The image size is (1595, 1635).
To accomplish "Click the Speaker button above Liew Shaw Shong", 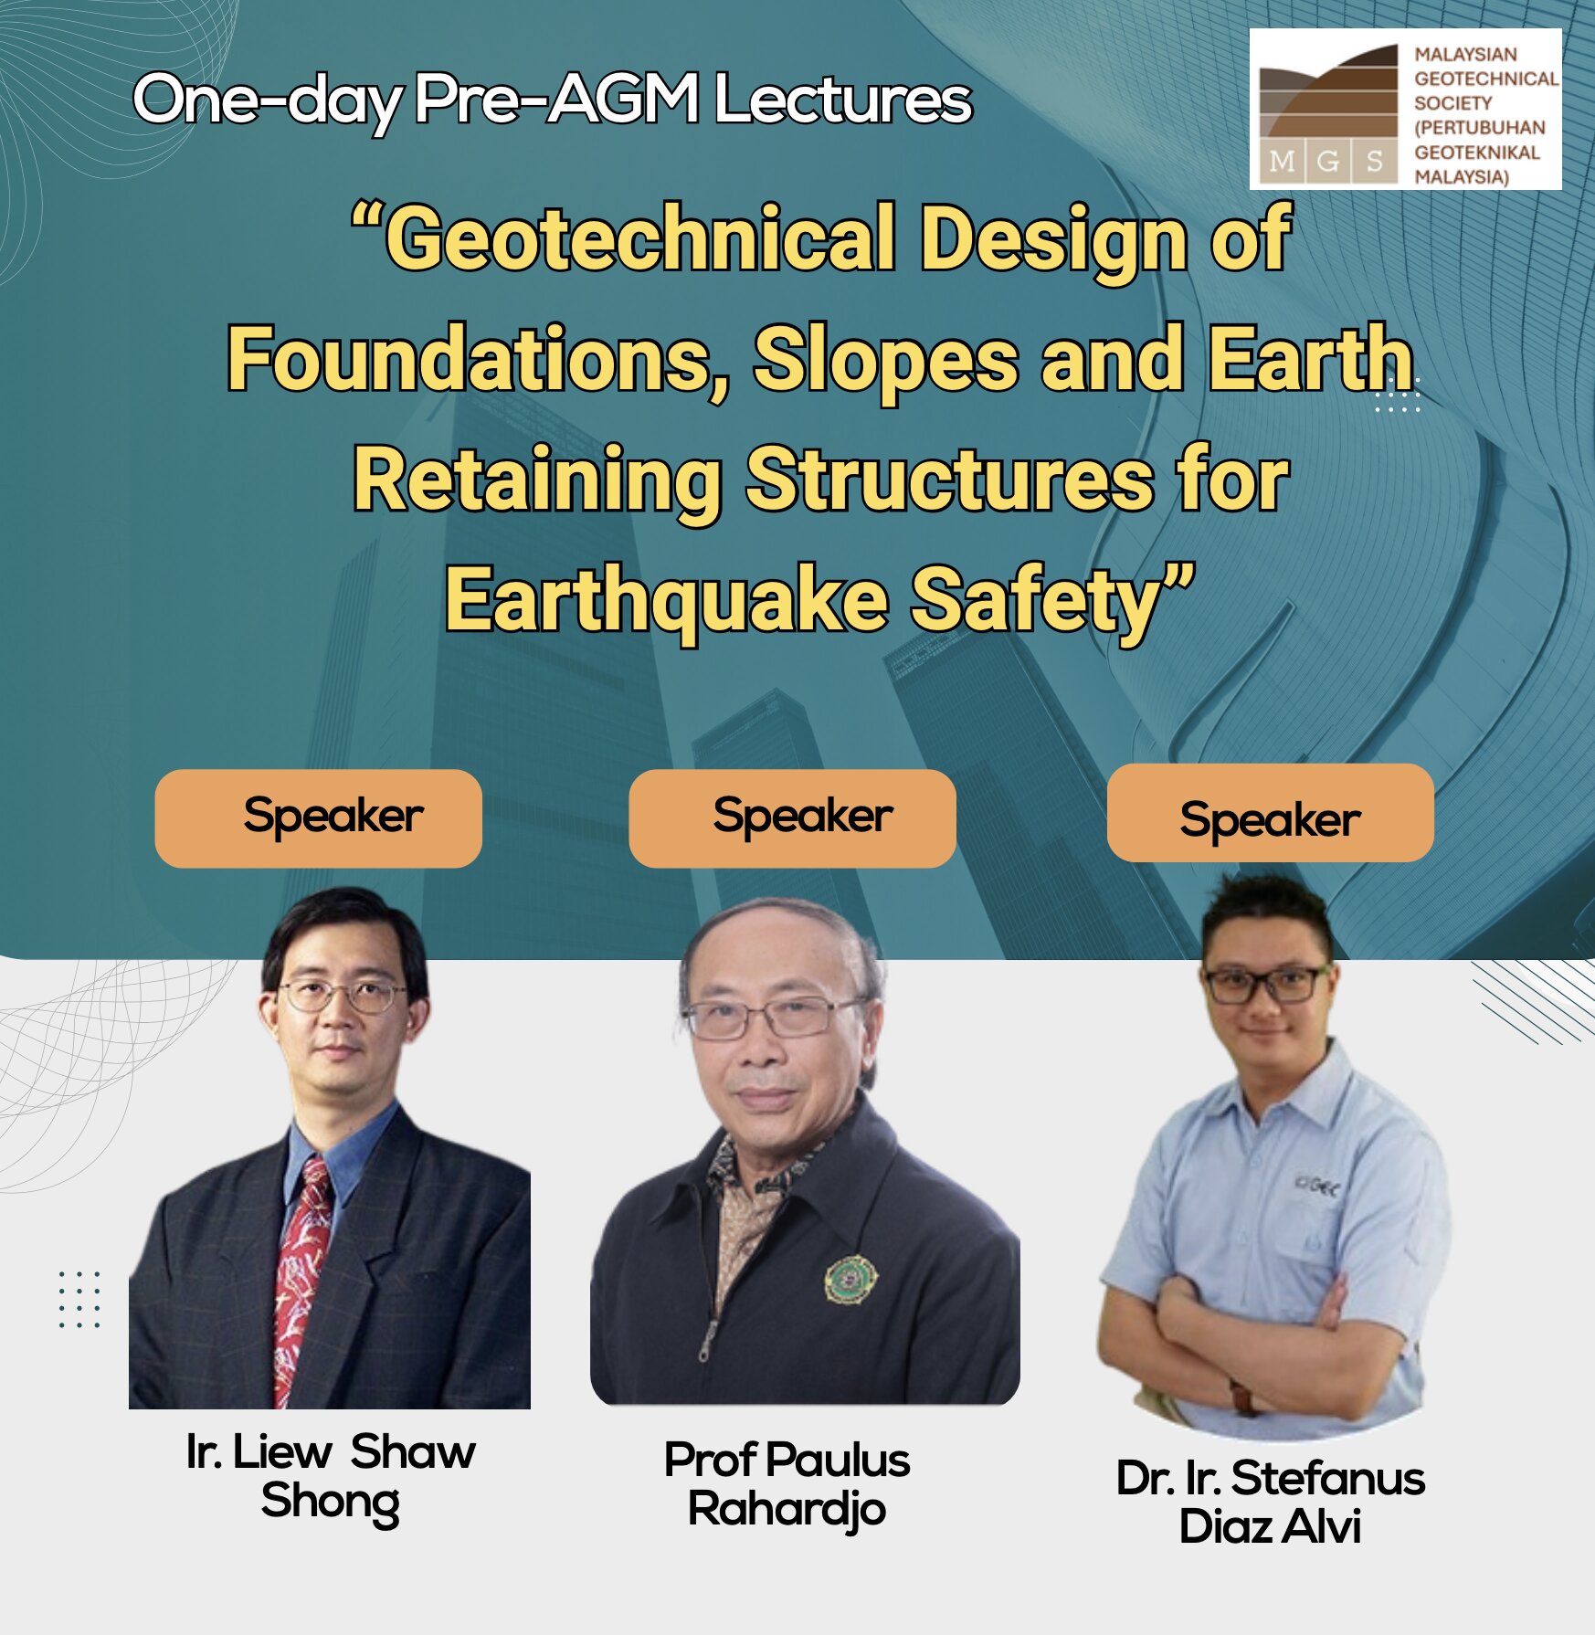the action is tap(318, 817).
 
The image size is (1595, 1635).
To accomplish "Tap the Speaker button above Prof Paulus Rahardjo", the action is tap(792, 817).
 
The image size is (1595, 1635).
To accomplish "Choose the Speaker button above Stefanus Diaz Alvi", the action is tap(1270, 813).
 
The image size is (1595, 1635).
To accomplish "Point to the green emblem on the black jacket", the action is tap(851, 1278).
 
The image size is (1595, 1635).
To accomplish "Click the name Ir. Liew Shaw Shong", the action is tap(331, 1477).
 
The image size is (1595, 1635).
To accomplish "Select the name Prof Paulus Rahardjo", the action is tap(787, 1484).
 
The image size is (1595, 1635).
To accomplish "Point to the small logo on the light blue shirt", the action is tap(1316, 1187).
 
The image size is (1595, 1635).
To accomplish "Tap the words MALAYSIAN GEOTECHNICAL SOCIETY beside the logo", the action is tap(1486, 79).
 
